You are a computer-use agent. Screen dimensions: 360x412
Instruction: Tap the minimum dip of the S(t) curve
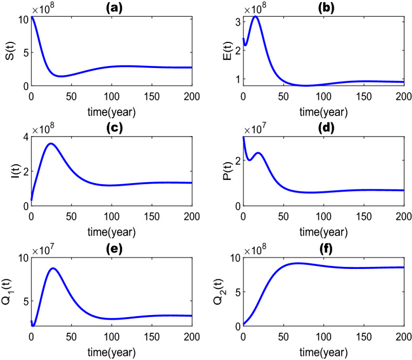[x=61, y=76]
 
